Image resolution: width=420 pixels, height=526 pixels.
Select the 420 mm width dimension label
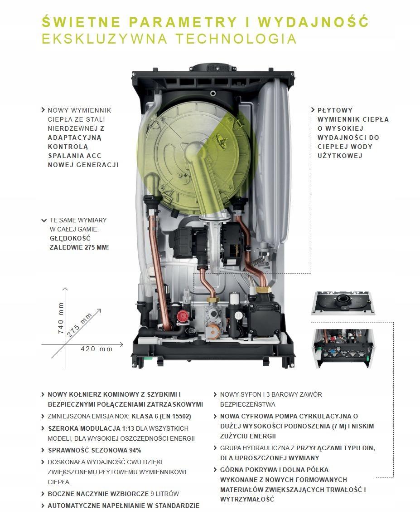96,349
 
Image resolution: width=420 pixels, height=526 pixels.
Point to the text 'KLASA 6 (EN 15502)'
161,416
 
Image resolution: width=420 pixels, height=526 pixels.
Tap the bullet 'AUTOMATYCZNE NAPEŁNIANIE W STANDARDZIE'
123,505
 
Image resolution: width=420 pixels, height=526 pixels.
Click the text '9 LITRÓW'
165,494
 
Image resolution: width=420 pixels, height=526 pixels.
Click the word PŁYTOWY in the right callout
335,110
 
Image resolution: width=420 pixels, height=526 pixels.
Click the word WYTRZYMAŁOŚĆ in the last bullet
247,499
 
